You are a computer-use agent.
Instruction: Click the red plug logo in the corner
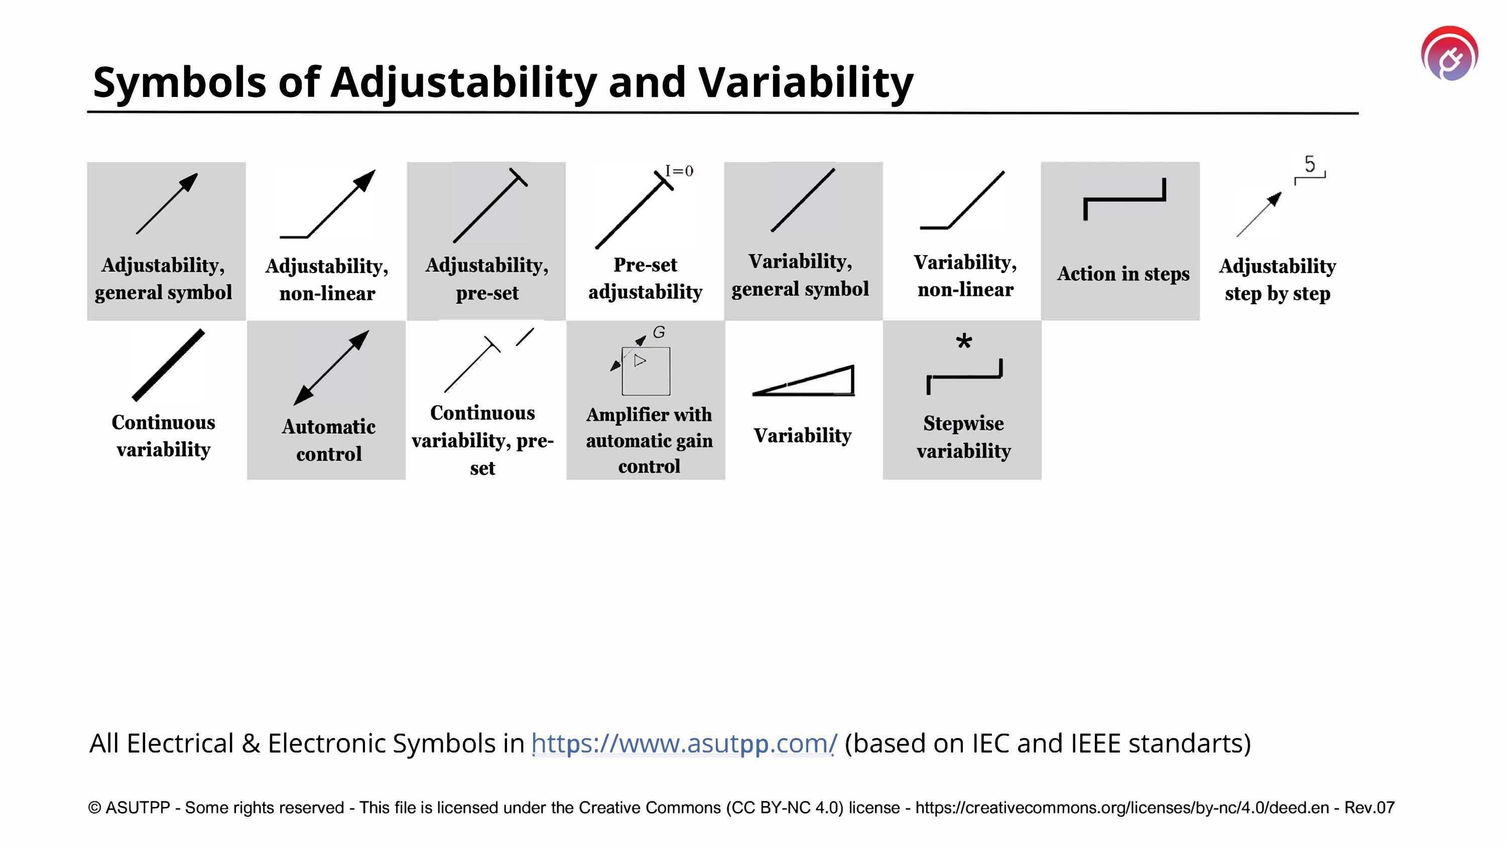[1449, 54]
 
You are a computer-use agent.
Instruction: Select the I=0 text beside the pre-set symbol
[679, 171]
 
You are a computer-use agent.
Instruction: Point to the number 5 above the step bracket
[1310, 164]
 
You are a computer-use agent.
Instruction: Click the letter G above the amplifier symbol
[659, 332]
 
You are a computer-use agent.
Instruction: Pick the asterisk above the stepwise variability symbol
[963, 342]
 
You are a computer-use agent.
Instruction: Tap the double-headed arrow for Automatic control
[331, 368]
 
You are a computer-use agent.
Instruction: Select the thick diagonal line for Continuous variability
[168, 366]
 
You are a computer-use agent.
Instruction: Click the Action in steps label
[1123, 274]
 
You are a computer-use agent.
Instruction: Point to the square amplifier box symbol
[646, 371]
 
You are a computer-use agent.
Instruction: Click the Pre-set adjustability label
[645, 278]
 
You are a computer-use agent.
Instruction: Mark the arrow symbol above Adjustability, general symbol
[167, 203]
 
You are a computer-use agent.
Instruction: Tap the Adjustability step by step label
[1278, 280]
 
